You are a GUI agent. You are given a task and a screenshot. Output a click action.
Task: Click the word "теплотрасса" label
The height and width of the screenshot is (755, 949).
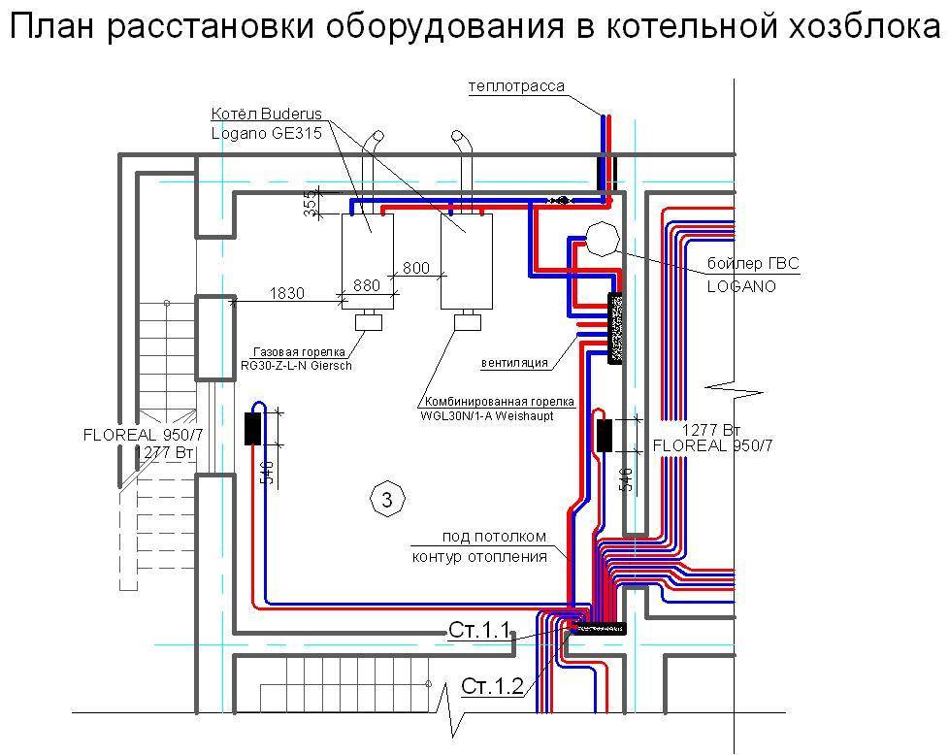coord(516,86)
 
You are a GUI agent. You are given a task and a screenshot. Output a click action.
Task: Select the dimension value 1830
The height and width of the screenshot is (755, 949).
coord(287,292)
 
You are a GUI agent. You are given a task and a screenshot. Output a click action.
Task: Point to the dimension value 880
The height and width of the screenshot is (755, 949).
coord(366,285)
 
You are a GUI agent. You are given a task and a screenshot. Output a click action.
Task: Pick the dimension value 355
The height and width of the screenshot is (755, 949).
coord(310,205)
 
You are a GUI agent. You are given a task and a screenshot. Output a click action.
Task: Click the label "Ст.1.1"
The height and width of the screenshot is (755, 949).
coord(479,631)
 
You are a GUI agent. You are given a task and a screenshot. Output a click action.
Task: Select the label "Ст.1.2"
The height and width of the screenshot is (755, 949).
coord(492,688)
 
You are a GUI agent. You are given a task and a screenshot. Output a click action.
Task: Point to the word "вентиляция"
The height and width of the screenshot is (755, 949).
coord(514,363)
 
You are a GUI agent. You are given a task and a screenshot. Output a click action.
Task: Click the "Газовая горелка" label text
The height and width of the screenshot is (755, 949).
coord(288,353)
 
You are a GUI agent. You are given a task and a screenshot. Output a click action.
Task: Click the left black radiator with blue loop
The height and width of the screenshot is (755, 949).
coord(252,428)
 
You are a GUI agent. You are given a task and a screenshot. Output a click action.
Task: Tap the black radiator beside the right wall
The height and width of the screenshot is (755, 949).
coord(604,436)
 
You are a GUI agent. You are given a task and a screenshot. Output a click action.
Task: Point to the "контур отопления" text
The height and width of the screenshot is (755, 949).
coord(479,557)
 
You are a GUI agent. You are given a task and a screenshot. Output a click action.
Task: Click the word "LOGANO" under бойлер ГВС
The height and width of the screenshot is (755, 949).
coord(741,287)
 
